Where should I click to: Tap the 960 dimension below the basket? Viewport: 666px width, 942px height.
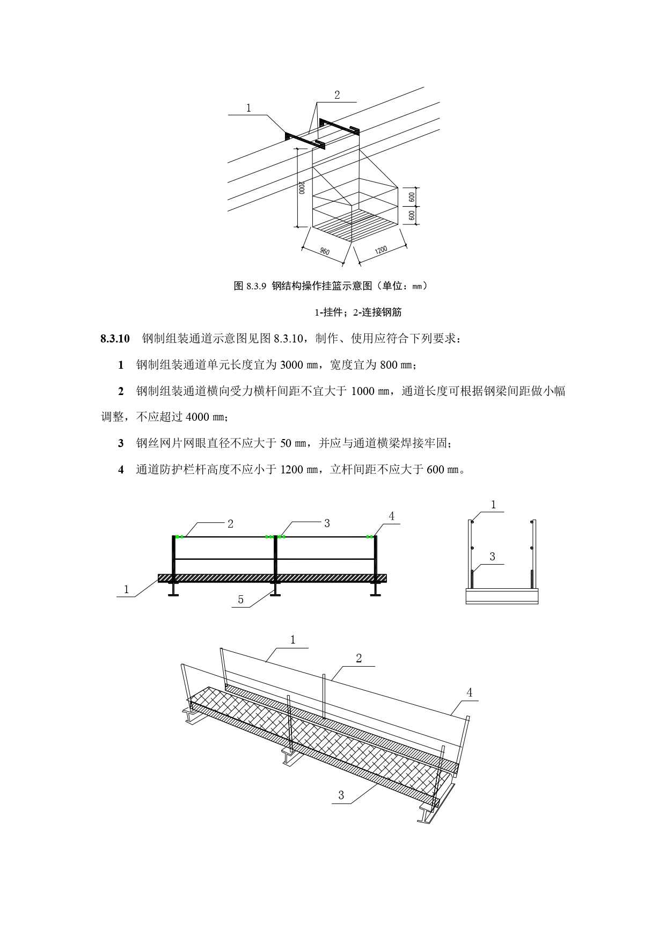coord(324,251)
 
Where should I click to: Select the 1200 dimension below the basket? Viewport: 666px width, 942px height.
coord(381,250)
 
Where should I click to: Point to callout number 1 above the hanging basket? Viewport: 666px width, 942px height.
coord(248,108)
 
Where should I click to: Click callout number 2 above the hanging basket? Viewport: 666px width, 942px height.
coord(337,95)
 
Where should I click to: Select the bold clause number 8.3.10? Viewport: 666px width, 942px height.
coord(115,339)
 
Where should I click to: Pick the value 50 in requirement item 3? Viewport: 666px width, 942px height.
coord(286,443)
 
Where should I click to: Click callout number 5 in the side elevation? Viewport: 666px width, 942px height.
coord(240,600)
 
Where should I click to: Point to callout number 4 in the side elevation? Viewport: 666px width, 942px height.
coord(392,516)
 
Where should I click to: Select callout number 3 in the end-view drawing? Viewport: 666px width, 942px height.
coord(493,557)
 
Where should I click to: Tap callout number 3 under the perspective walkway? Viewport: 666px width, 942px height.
coord(341,795)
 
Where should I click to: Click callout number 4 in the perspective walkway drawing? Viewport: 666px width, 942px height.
coord(470,692)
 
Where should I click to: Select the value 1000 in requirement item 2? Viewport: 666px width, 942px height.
coord(363,391)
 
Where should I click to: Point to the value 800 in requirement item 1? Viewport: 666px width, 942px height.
coord(388,366)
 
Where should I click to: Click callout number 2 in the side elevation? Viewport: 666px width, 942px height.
coord(231,524)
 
